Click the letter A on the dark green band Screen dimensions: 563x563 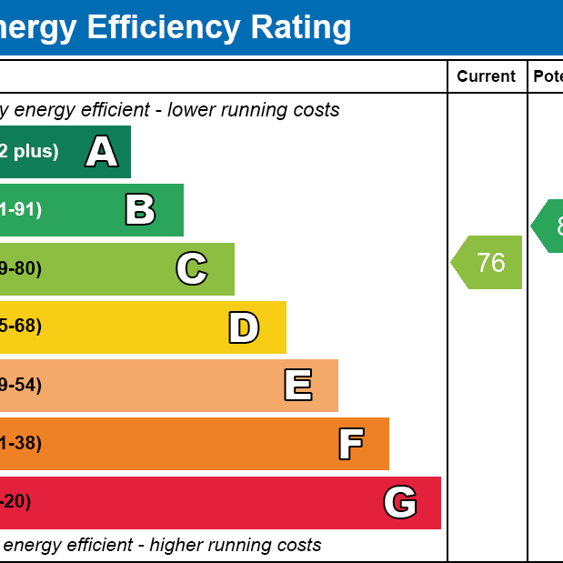(102, 152)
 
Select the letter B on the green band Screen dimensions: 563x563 (140, 210)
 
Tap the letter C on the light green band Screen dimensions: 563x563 (191, 269)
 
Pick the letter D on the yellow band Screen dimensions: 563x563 (243, 327)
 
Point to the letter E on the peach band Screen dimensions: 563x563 (297, 386)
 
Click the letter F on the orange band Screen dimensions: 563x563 (351, 444)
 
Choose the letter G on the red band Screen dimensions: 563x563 (400, 502)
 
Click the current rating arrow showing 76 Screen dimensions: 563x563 (488, 263)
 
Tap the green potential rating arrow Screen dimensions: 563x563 (548, 226)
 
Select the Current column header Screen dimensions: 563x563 (486, 77)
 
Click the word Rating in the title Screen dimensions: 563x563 (300, 27)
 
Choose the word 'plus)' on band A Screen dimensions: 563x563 (35, 152)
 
